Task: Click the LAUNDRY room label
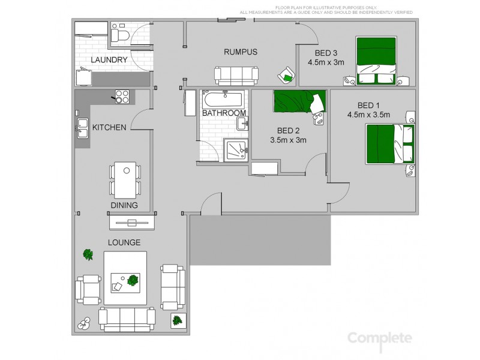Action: pos(109,59)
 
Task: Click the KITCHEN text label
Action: pos(109,127)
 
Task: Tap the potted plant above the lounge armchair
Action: pos(88,255)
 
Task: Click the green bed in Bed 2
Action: pos(298,101)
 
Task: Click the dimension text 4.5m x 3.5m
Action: pos(368,115)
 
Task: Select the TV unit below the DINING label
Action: pos(131,223)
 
